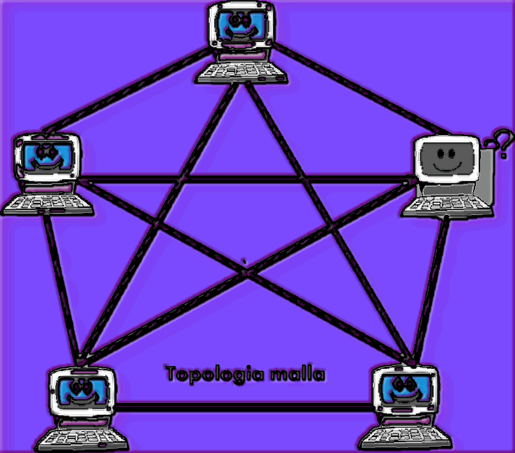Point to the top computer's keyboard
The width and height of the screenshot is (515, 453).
(243, 73)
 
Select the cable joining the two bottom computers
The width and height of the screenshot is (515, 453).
(245, 406)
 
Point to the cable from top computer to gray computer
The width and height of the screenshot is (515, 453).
(359, 89)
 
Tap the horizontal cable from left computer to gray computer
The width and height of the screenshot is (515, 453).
(245, 180)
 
